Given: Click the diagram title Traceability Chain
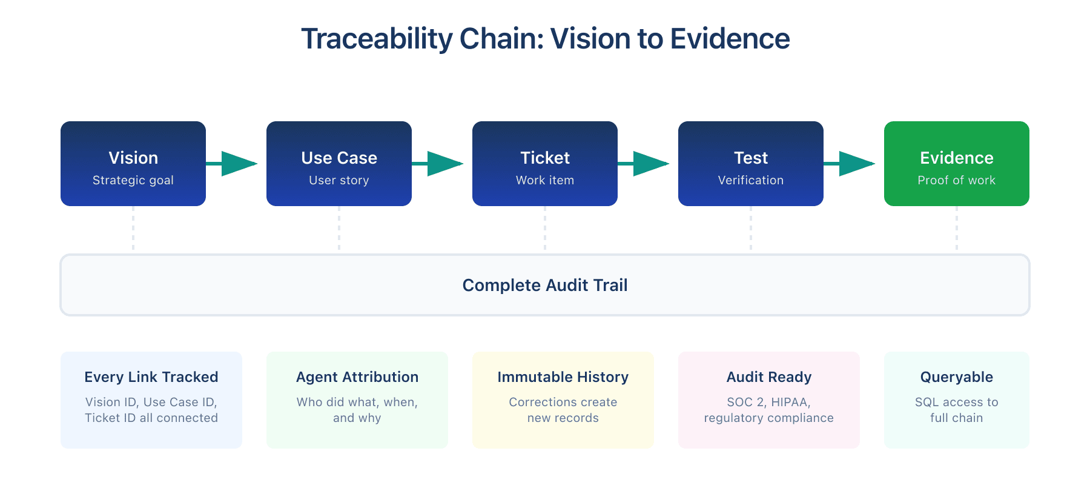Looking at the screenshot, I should click(545, 39).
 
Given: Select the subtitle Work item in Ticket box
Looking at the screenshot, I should click(544, 180).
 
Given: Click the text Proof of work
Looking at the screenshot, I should click(956, 180).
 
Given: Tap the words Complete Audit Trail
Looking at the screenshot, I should click(544, 285).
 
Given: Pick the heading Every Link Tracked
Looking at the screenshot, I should click(151, 376).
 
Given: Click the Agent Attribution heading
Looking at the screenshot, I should click(357, 376).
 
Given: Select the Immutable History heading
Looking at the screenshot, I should click(563, 376).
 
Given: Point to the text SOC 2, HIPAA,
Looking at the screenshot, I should click(768, 402).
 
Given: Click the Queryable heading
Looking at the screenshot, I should click(956, 376).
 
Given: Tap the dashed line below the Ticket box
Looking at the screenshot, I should click(545, 229).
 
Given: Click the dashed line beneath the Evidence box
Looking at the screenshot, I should click(957, 229).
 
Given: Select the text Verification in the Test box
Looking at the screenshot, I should click(750, 180).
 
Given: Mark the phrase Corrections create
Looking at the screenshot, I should click(563, 402).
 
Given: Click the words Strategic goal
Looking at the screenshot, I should click(133, 180).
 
